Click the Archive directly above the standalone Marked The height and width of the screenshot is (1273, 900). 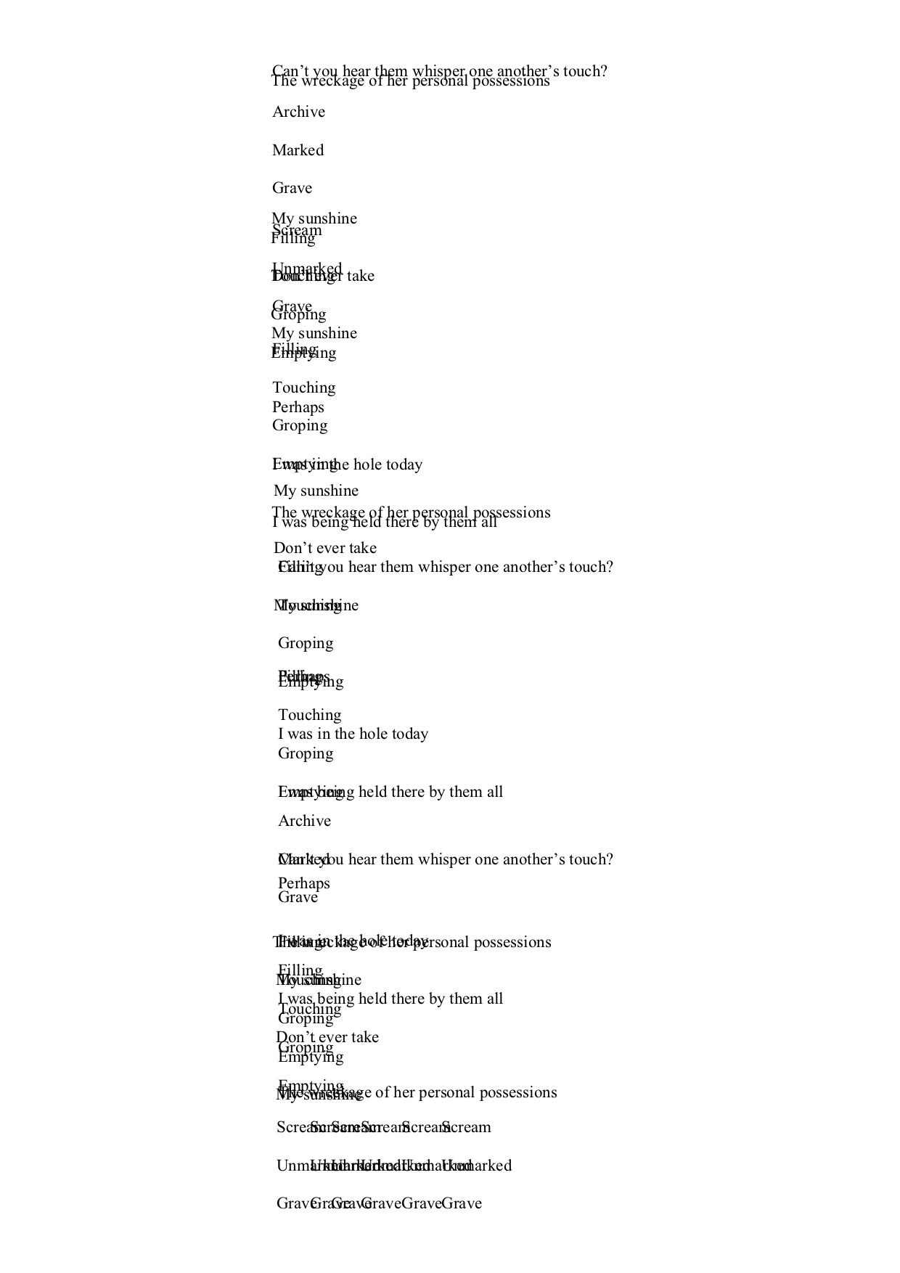(298, 112)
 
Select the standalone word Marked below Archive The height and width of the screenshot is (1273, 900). (298, 150)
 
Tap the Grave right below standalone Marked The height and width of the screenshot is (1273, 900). (292, 188)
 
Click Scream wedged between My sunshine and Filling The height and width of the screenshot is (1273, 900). (297, 230)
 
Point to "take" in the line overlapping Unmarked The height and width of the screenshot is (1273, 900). (361, 276)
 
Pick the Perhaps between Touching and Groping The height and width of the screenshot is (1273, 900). (298, 407)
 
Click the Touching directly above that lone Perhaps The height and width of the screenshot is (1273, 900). (303, 388)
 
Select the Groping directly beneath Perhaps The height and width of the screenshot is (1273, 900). (299, 425)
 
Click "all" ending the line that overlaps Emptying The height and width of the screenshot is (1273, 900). (494, 792)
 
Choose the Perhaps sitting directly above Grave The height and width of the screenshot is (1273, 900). (303, 883)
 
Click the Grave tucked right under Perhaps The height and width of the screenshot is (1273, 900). (298, 897)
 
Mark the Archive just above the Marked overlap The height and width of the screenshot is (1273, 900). (304, 821)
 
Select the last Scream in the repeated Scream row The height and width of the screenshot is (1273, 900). (467, 1127)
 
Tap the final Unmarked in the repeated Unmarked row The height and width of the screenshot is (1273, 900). (479, 1166)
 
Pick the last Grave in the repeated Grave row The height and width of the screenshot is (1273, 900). (462, 1203)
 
